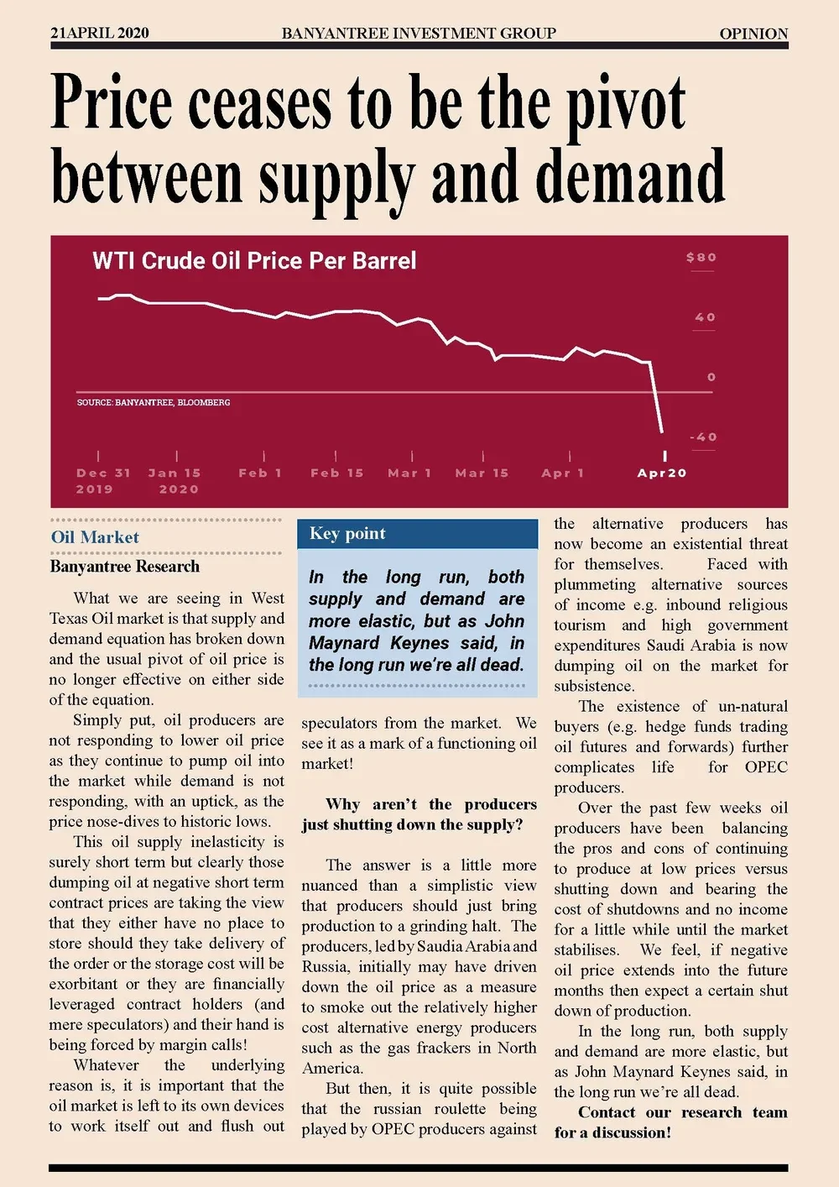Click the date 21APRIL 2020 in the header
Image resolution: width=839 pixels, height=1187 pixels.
100,34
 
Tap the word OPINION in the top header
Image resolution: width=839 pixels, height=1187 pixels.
753,34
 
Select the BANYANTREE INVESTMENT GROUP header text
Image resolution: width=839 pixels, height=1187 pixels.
419,34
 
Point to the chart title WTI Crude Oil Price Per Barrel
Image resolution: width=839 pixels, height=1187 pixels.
254,260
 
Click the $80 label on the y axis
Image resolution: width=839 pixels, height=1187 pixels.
701,258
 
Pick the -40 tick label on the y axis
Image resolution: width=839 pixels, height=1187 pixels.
703,437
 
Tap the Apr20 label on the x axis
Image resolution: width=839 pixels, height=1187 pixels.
662,473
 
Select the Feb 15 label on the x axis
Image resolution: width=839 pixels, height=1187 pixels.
336,473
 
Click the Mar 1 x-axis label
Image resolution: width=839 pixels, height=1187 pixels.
409,473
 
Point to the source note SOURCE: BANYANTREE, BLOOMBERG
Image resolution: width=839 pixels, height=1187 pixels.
154,403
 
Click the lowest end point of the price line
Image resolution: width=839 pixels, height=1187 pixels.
662,431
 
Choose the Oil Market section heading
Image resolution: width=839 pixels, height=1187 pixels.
95,537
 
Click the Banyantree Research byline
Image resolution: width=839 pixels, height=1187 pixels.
125,567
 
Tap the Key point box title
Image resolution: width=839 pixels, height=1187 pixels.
347,534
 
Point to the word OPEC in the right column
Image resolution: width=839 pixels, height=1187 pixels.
766,767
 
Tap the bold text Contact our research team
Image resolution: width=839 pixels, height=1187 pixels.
682,1112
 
